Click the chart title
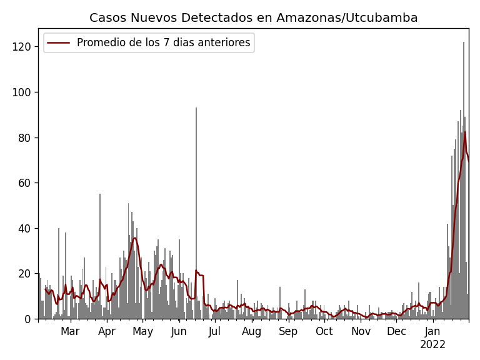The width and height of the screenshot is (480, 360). pos(253,18)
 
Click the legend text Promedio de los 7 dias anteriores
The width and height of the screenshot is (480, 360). pos(163,43)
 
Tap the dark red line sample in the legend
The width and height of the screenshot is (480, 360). pos(59,43)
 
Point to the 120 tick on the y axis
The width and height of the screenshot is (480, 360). pos(24,47)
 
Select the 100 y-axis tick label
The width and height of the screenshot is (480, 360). pos(24,92)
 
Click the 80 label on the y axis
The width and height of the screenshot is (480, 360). pos(27,137)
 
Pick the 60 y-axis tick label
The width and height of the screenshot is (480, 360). pos(27,183)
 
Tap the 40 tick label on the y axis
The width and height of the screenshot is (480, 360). pos(27,228)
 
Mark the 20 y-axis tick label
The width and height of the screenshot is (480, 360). pos(27,274)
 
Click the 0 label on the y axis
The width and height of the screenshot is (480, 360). pos(29,319)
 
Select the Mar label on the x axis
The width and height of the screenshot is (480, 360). pos(70,331)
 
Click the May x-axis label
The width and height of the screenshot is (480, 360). pos(143,331)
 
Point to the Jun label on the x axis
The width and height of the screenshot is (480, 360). pos(179,331)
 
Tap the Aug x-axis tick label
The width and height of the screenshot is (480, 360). pos(252,331)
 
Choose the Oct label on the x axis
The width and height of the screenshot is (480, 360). pos(324,331)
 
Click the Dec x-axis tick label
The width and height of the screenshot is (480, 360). pos(397,331)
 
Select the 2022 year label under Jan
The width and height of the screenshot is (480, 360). pos(432,345)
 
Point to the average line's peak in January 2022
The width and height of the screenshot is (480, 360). pos(464,132)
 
